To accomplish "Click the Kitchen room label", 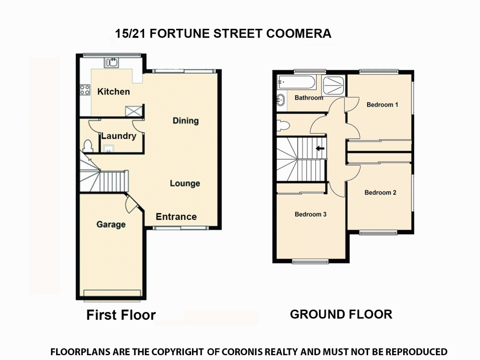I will (113, 91).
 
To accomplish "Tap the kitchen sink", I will (112, 62).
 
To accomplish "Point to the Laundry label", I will (119, 136).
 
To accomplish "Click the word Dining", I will (186, 120).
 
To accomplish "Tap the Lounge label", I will (185, 183).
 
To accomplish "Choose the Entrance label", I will (176, 216).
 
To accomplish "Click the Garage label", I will (111, 224).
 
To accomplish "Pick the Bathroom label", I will (309, 98).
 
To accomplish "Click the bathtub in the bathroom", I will (296, 83).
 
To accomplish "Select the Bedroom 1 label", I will (382, 105).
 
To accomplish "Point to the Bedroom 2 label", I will (380, 192).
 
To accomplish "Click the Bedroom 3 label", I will (311, 214).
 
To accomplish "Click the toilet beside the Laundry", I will (87, 145).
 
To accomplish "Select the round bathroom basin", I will (280, 100).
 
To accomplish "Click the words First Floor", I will (121, 315).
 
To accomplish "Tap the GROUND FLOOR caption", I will (341, 314).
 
